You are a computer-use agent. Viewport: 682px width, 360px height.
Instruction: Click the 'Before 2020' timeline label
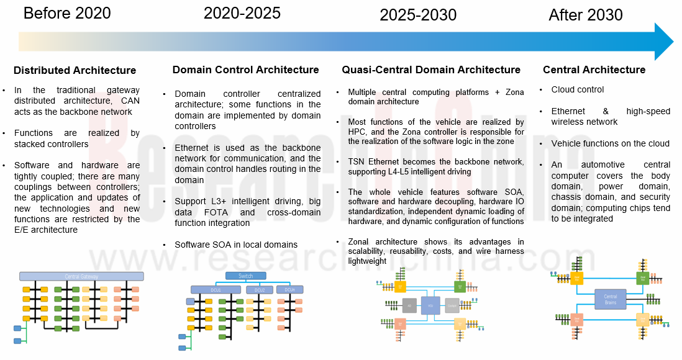[x=67, y=13]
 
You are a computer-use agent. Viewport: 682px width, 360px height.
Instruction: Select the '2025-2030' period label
[x=418, y=15]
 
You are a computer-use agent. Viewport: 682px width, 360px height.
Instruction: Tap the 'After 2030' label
[x=585, y=16]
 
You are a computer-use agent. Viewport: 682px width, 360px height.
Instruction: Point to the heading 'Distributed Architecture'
[x=75, y=70]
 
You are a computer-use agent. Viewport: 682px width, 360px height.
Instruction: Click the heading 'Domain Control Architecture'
[x=245, y=70]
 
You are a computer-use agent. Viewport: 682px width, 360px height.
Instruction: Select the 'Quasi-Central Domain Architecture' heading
[x=431, y=70]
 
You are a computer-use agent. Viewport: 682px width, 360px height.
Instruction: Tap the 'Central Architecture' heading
[x=594, y=70]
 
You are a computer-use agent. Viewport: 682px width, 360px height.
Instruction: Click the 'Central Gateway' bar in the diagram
[x=81, y=276]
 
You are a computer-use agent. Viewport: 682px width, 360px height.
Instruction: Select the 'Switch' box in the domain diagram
[x=245, y=276]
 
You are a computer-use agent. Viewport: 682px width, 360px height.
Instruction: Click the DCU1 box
[x=216, y=290]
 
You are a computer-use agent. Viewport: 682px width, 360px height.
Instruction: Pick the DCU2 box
[x=260, y=290]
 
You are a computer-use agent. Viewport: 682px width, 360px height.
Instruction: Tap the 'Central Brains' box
[x=611, y=300]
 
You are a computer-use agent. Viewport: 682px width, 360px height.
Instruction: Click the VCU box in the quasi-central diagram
[x=430, y=305]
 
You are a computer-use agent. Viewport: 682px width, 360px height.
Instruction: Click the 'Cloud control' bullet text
[x=578, y=89]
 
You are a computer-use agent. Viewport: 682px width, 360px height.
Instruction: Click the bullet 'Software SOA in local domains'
[x=236, y=245]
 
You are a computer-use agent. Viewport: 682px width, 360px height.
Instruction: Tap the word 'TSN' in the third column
[x=357, y=161]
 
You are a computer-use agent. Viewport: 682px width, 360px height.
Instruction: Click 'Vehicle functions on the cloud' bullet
[x=610, y=143]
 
